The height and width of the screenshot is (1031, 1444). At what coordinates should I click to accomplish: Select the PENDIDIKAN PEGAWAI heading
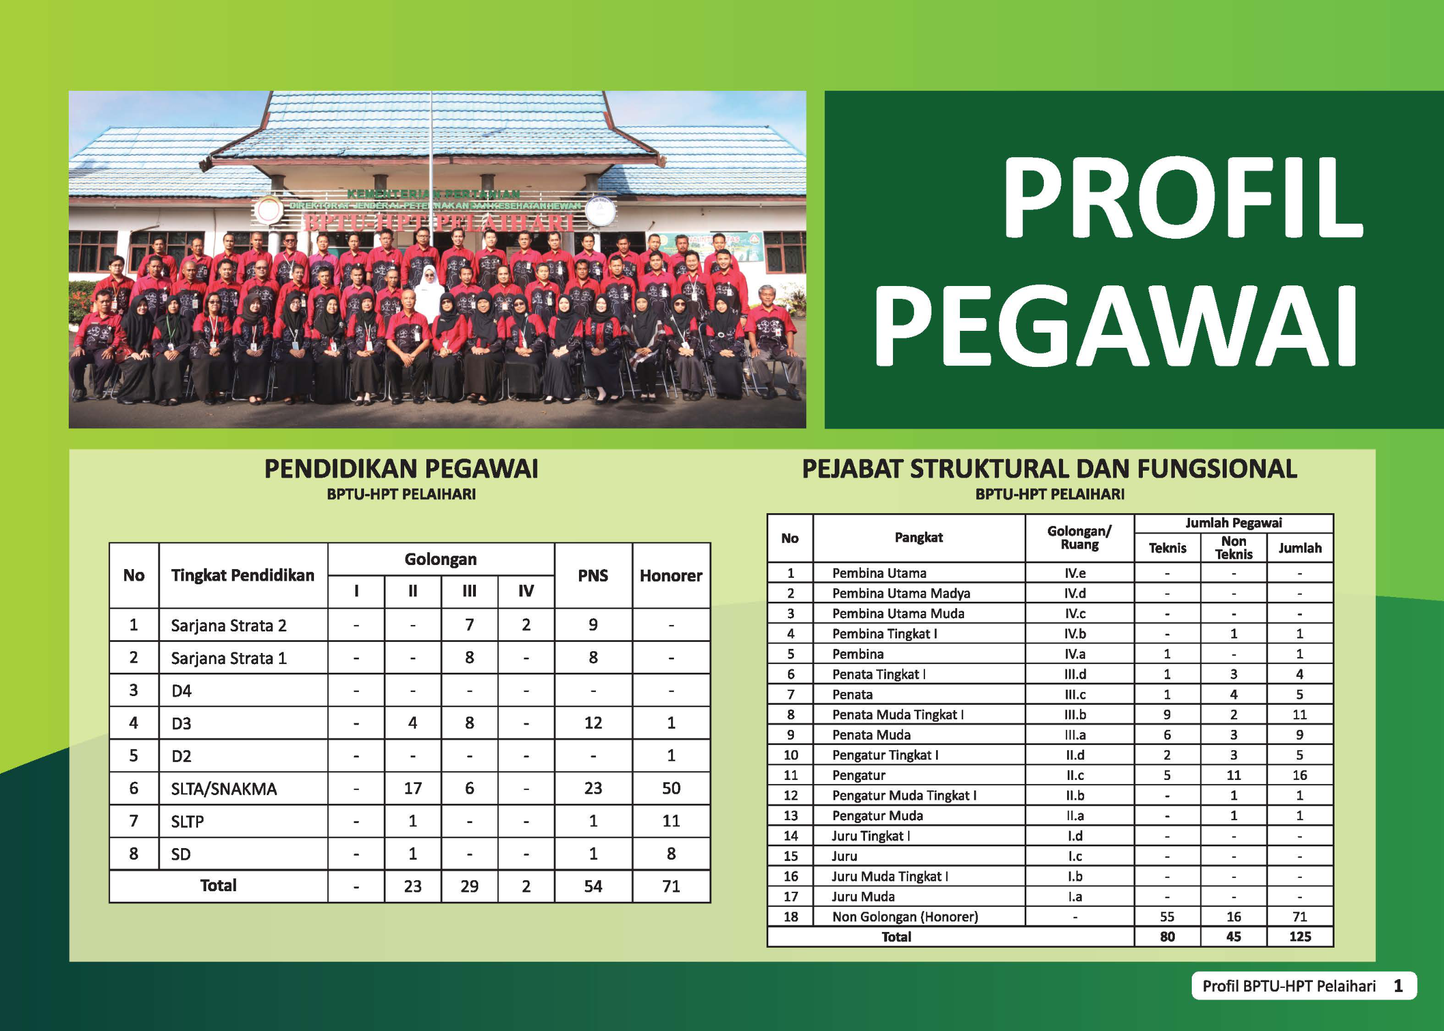coord(401,469)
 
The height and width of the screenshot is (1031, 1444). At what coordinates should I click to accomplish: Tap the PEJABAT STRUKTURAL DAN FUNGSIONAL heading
coord(1049,469)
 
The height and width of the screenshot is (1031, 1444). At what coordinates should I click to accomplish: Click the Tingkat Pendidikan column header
coord(242,575)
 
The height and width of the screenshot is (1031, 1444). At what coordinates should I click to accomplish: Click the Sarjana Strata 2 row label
coord(228,626)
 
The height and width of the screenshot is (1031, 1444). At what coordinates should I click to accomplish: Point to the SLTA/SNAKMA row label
coord(224,789)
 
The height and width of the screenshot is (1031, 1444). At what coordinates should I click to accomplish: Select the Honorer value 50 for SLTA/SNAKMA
coord(671,789)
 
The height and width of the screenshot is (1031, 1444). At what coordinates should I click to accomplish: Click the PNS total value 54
coord(593,887)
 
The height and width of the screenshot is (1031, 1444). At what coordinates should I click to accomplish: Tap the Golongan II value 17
coord(412,789)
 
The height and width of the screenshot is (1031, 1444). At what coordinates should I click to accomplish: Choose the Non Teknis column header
coord(1233,547)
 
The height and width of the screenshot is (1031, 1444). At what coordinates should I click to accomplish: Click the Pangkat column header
coord(919,538)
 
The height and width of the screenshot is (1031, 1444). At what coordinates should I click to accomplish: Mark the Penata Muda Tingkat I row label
coord(898,714)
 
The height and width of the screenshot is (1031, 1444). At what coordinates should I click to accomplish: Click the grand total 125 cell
coord(1300,937)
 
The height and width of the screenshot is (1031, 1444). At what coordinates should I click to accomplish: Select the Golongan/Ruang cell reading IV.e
coord(1075,573)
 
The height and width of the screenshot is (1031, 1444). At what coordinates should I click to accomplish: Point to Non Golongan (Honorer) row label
coord(905,917)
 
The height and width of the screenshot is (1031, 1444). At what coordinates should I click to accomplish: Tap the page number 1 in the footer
coord(1397,986)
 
